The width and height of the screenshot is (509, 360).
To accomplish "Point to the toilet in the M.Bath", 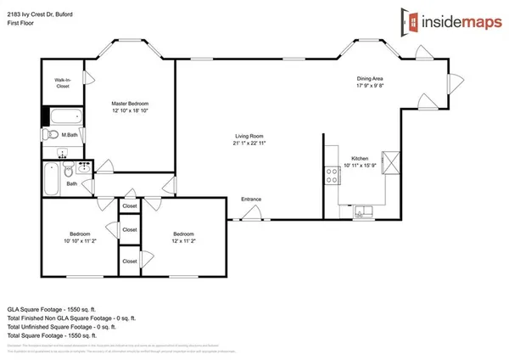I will (52, 135).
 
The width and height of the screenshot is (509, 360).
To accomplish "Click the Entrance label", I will (251, 200).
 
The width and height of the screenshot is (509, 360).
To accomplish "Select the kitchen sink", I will (362, 210).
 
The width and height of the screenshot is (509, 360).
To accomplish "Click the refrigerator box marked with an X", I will (392, 161).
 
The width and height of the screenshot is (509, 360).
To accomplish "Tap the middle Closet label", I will (130, 230).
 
